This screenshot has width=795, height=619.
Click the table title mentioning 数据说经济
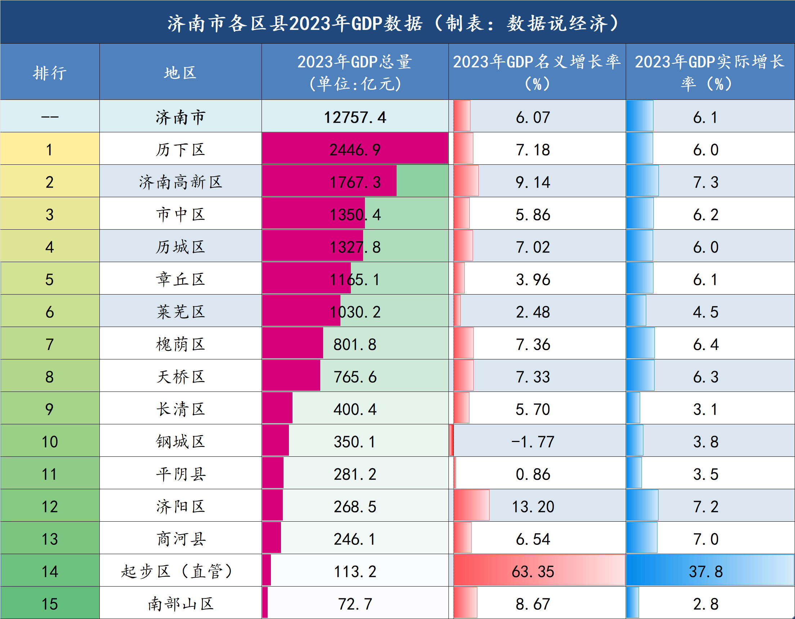(x=393, y=23)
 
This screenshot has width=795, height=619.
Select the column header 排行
(x=50, y=73)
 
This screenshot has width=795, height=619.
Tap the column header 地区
(x=180, y=73)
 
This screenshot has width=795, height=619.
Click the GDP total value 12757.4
(x=355, y=117)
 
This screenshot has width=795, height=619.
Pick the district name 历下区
(x=180, y=150)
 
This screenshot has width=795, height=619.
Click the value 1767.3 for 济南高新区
(x=355, y=182)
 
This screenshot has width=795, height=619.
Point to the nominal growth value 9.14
(x=533, y=182)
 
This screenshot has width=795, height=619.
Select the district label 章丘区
(x=180, y=279)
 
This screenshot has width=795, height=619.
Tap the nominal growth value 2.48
(x=533, y=312)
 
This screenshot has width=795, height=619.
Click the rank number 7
(x=50, y=344)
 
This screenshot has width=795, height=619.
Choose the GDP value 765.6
(x=355, y=377)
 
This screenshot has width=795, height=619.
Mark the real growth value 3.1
(x=705, y=409)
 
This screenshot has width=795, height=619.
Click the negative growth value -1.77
(x=533, y=442)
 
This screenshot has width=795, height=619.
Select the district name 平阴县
(x=180, y=474)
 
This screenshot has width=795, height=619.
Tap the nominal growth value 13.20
(x=533, y=507)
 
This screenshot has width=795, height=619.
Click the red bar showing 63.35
(x=484, y=571)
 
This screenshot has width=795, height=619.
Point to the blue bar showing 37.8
(x=655, y=571)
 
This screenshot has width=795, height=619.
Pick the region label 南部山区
(x=180, y=604)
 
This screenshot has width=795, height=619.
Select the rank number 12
(x=50, y=507)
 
